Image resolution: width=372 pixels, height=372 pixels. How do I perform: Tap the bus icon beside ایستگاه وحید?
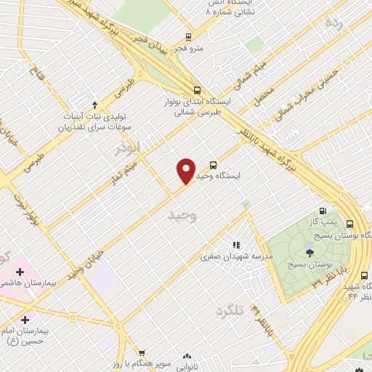tap(213, 165)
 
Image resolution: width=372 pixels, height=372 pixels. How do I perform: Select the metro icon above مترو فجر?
tap(189, 37)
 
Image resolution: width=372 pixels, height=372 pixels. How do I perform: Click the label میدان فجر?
tap(150, 41)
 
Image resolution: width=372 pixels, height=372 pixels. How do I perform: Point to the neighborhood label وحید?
tap(182, 216)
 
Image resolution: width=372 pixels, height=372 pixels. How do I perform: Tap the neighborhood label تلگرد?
tap(232, 312)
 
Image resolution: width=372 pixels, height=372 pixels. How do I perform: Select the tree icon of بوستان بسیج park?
tap(310, 253)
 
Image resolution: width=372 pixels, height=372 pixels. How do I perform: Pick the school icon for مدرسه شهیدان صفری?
tap(235, 245)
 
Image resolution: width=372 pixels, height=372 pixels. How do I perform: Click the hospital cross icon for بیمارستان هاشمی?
tap(20, 272)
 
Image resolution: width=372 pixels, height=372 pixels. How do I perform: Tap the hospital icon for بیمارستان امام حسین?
tap(25, 319)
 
